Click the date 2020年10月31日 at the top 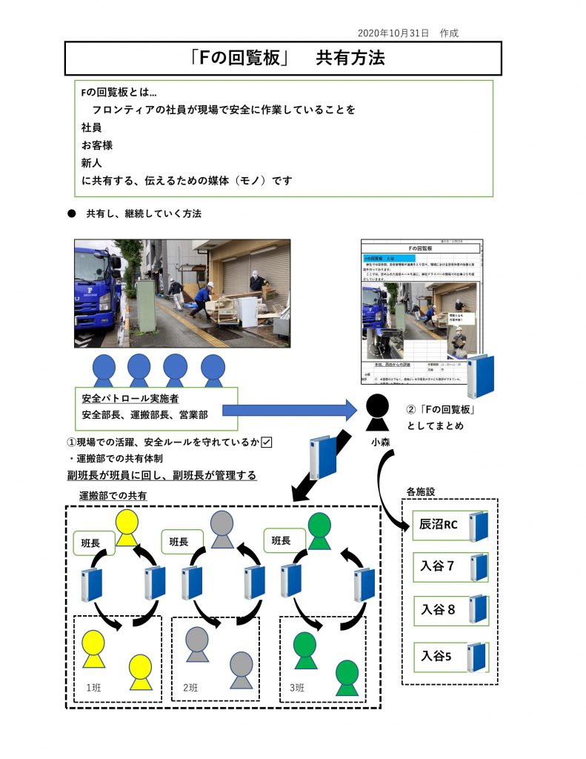coord(393,33)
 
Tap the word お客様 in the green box coord(97,145)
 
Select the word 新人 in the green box coord(92,162)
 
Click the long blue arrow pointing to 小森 coord(289,409)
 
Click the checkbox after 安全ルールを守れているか coord(267,443)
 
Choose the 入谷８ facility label coord(438,609)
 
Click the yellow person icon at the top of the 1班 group coord(127,527)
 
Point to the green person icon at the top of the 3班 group coord(319,530)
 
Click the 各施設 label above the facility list coord(420,491)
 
